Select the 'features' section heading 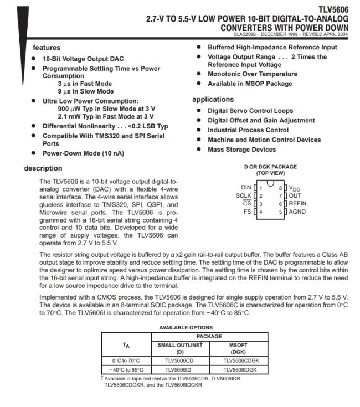tap(47, 48)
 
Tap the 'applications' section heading tap(213, 100)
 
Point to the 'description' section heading tap(43, 168)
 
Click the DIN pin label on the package tap(246, 188)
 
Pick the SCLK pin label tap(244, 195)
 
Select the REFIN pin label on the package tap(297, 204)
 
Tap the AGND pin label tap(297, 212)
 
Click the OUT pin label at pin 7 tap(295, 195)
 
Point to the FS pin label tap(248, 212)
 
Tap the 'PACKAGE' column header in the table tap(209, 336)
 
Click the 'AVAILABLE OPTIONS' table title tap(186, 327)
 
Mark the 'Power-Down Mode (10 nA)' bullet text tap(78, 153)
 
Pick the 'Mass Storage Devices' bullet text tap(241, 150)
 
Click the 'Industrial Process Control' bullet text tap(248, 130)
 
